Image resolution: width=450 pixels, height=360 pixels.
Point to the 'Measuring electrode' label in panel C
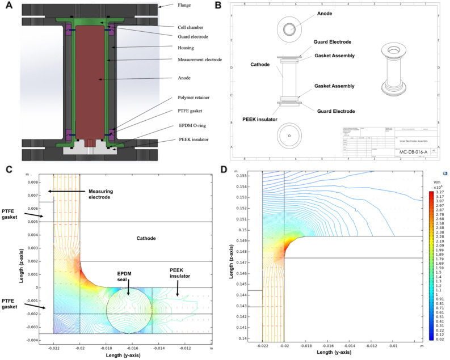pyautogui.click(x=106, y=194)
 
